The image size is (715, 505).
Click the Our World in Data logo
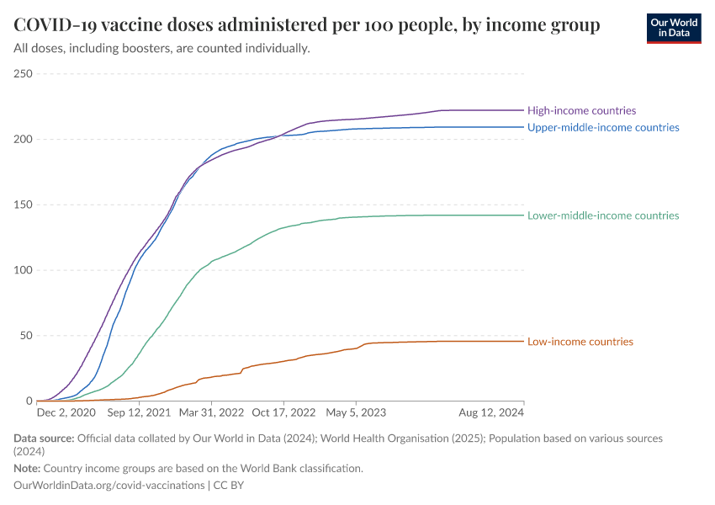[673, 27]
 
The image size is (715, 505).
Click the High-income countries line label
[581, 110]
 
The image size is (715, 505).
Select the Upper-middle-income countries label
[602, 127]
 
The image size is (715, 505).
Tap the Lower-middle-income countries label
[602, 215]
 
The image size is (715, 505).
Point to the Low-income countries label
[580, 342]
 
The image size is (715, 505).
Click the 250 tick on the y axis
[24, 74]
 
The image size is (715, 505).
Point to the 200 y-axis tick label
[24, 140]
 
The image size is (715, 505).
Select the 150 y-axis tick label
[24, 205]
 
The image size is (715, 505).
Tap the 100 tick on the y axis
[24, 270]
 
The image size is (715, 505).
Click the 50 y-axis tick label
[26, 336]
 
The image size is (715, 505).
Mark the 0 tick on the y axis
[29, 401]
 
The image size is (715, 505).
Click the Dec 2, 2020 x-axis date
[66, 414]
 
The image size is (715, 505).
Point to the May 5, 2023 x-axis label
[356, 414]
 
